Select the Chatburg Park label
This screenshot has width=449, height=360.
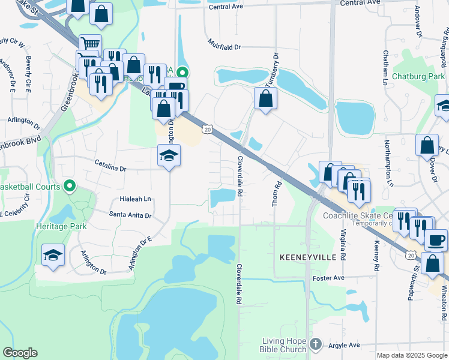coord(413,76)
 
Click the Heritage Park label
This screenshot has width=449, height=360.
coord(61,226)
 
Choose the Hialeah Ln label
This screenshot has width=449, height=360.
coord(136,199)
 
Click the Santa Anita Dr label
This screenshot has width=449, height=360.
coord(130,214)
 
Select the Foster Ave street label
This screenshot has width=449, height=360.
coord(328,278)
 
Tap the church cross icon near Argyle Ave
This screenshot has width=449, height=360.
coord(316,345)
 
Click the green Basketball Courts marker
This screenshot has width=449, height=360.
coord(70,187)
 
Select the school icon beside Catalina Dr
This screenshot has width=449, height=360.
coord(169,155)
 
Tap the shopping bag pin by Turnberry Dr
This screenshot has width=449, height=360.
coord(265,98)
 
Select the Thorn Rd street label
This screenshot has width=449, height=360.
coord(277,194)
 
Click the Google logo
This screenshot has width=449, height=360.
coord(20,353)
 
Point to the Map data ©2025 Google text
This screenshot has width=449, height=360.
coord(411,355)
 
